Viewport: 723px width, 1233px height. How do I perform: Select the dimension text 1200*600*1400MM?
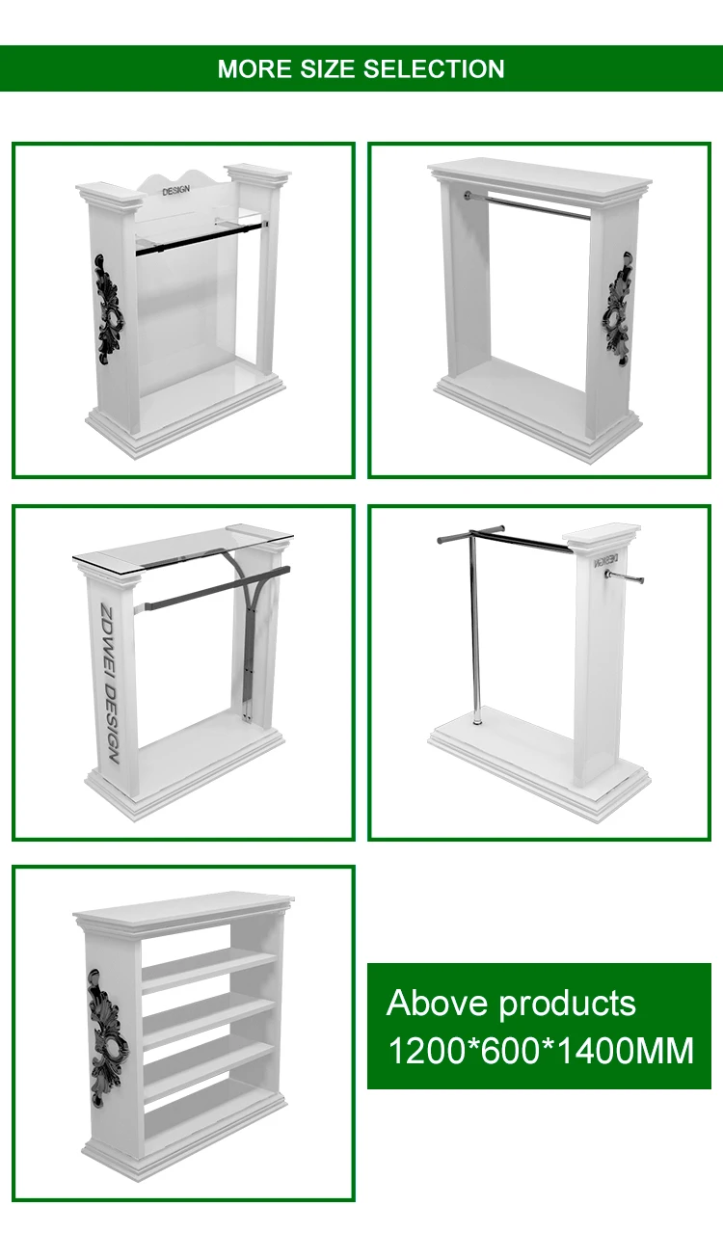click(540, 1050)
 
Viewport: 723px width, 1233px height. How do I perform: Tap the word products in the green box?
click(567, 1005)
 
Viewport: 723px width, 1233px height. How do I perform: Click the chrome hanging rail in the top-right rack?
click(530, 204)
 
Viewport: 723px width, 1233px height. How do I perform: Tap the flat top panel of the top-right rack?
click(539, 174)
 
